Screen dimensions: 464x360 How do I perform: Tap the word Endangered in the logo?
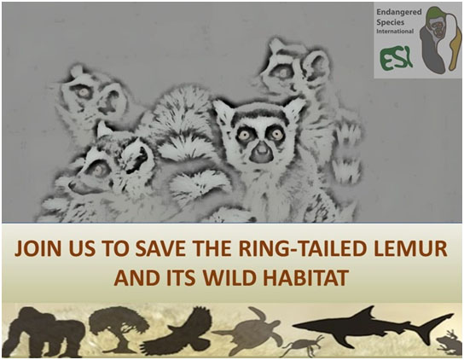click(399, 12)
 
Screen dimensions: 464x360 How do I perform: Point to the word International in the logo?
click(395, 31)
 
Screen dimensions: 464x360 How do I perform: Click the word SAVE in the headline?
click(161, 249)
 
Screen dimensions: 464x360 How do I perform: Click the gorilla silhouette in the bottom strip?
click(46, 332)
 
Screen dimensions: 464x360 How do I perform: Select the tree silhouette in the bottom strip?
click(119, 329)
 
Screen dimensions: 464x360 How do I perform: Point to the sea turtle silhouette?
click(249, 330)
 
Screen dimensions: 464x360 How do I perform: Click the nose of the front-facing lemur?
click(262, 151)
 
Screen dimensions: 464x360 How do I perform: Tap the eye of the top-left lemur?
click(83, 92)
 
